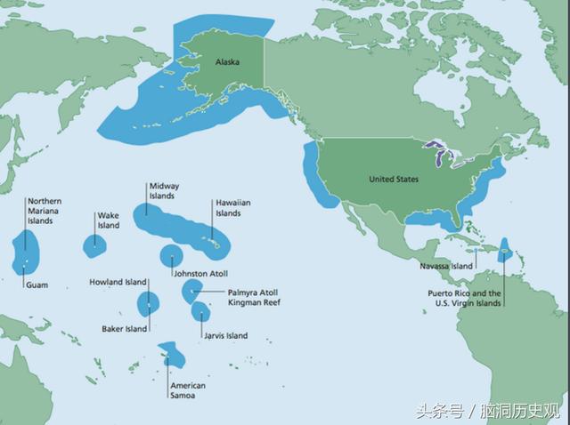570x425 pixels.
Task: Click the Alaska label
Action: point(227,62)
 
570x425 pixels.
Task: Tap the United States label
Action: point(393,179)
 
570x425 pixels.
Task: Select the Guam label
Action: point(36,285)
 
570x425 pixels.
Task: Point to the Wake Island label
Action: point(108,221)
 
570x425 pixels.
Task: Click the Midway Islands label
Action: point(164,191)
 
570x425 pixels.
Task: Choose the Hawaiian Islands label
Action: point(232,208)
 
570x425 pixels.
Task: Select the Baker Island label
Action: point(124,329)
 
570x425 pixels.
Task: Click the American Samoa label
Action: point(187,390)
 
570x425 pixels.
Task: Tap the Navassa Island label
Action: point(446,266)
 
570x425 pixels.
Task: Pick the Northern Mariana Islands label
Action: point(45,211)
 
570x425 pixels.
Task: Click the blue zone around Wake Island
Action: point(94,246)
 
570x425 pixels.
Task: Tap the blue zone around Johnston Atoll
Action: point(172,256)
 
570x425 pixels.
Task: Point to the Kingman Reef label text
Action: point(254,302)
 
